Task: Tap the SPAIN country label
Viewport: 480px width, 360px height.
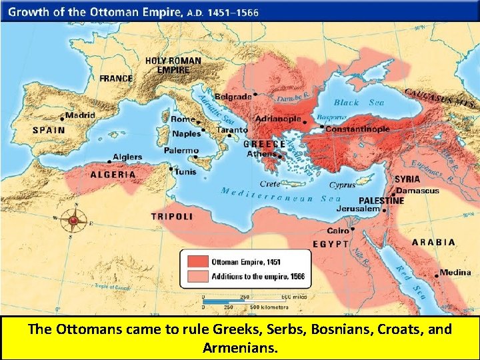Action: (x=49, y=130)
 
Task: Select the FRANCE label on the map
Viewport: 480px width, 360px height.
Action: (x=116, y=78)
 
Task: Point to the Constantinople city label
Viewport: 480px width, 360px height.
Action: (x=357, y=129)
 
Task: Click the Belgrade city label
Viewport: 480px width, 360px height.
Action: (x=233, y=97)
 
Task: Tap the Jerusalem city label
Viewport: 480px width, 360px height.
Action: (x=359, y=209)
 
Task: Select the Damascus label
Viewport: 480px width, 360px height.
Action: (x=419, y=190)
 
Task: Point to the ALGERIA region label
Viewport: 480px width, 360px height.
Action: (x=113, y=174)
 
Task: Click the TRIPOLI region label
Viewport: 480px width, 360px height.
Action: (x=172, y=217)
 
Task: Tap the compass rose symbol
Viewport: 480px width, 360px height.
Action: (x=74, y=219)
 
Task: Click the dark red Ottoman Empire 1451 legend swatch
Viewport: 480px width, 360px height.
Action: (x=196, y=261)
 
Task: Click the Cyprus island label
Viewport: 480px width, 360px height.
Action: (x=342, y=185)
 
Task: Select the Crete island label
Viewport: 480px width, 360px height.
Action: (x=270, y=183)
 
